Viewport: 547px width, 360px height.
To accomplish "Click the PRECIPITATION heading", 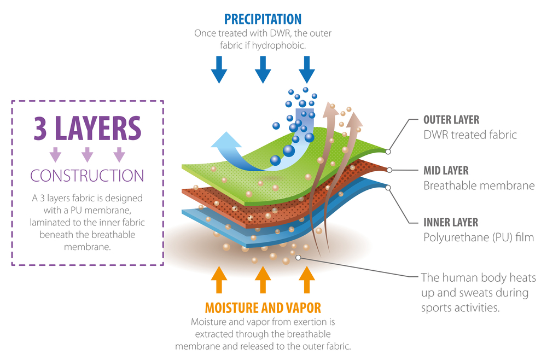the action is point(263,19).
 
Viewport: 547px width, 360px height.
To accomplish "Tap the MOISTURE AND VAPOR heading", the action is point(263,308).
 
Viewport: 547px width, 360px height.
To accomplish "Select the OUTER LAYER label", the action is point(451,120).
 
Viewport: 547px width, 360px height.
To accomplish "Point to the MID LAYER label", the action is point(446,171).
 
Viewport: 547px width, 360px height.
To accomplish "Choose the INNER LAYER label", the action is point(451,222).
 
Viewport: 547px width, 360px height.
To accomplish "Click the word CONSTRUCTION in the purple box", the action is point(87,176).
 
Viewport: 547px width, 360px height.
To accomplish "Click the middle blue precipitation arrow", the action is point(263,70).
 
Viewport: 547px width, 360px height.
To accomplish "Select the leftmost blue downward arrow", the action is point(219,70).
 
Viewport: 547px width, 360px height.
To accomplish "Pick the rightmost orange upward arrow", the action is point(307,280).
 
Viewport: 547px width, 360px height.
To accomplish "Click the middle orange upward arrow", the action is point(263,280).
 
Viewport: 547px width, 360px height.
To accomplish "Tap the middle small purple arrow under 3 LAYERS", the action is point(87,154).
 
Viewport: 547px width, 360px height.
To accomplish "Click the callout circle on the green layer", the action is point(388,152).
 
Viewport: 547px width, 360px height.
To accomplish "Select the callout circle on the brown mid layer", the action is point(389,170).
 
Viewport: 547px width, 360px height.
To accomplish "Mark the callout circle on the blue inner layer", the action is point(388,188).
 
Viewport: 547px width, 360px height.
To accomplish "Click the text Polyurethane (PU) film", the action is point(479,237).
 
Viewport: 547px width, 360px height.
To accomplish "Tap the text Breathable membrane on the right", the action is point(479,185).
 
